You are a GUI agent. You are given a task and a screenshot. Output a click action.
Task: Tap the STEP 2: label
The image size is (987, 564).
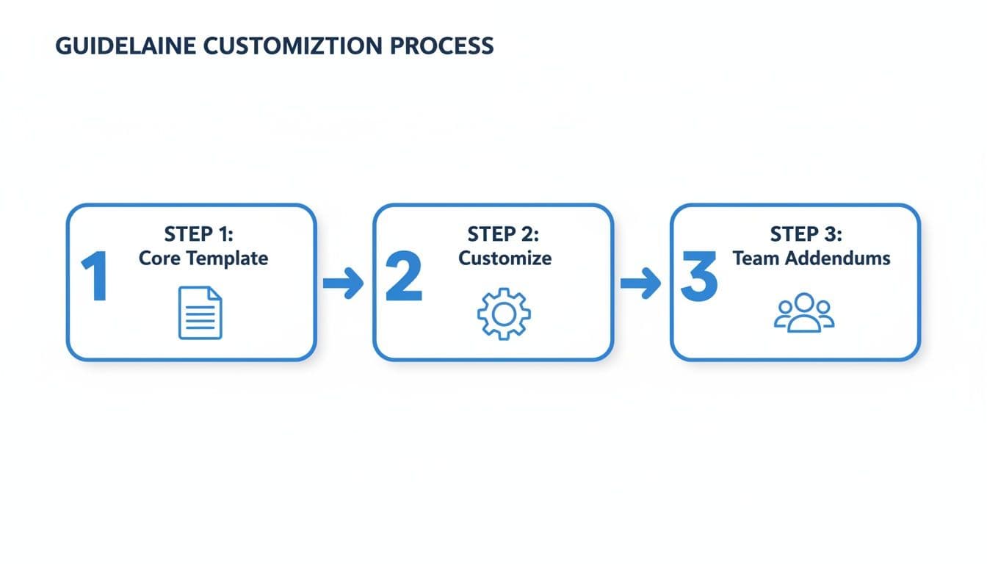[x=504, y=235]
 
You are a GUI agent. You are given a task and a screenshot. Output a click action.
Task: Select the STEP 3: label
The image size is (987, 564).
[x=806, y=235]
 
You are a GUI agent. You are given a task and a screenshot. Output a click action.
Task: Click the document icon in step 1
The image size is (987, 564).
[x=200, y=313]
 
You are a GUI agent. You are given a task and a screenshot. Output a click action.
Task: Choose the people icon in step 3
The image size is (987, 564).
[x=805, y=314]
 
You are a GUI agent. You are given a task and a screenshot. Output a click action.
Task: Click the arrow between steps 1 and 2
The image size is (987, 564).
[x=343, y=283]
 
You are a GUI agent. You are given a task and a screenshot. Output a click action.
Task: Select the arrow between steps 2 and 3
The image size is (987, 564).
[x=640, y=283]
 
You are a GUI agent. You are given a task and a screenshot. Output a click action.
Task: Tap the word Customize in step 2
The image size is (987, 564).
[x=505, y=258]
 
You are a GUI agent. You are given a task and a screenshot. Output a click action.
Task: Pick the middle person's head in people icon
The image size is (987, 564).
[x=805, y=303]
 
